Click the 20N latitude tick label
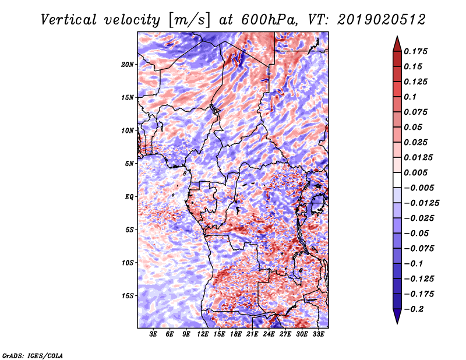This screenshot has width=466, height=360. click(x=128, y=65)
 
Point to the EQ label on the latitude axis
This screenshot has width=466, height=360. click(x=129, y=197)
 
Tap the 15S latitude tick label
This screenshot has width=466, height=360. click(x=128, y=296)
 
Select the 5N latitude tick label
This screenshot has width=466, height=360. click(x=129, y=164)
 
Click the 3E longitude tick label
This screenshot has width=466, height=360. click(x=153, y=334)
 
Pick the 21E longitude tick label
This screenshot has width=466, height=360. click(x=252, y=334)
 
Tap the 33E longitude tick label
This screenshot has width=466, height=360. click(x=318, y=334)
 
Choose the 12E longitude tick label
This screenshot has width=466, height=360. click(x=203, y=334)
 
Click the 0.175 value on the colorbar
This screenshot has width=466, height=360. click(x=415, y=51)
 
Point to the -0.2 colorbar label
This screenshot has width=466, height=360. click(x=414, y=309)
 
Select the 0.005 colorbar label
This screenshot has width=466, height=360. click(x=415, y=172)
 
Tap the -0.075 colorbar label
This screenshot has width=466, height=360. click(x=419, y=249)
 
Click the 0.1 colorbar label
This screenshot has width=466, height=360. click(x=410, y=97)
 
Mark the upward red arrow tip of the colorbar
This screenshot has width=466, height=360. click(x=397, y=36)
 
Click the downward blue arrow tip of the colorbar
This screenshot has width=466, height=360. click(x=397, y=324)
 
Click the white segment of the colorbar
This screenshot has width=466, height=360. click(x=397, y=180)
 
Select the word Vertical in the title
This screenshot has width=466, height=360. click(x=69, y=20)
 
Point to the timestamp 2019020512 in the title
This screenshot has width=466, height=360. click(x=382, y=20)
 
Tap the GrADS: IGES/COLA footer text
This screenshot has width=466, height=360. click(x=33, y=356)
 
